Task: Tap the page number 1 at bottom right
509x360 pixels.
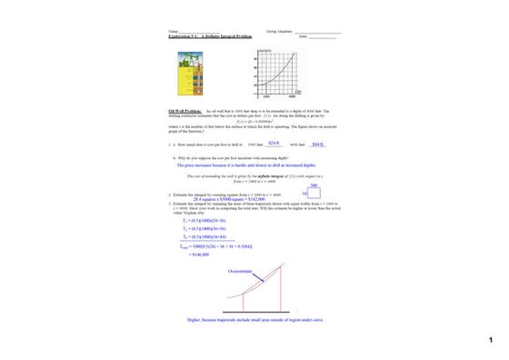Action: point(489,340)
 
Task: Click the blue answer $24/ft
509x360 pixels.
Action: point(273,143)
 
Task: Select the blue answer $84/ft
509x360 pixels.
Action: point(317,144)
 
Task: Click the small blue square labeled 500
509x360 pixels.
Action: point(312,194)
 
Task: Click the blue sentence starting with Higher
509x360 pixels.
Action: point(254,319)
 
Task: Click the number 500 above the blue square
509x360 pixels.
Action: point(314,185)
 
